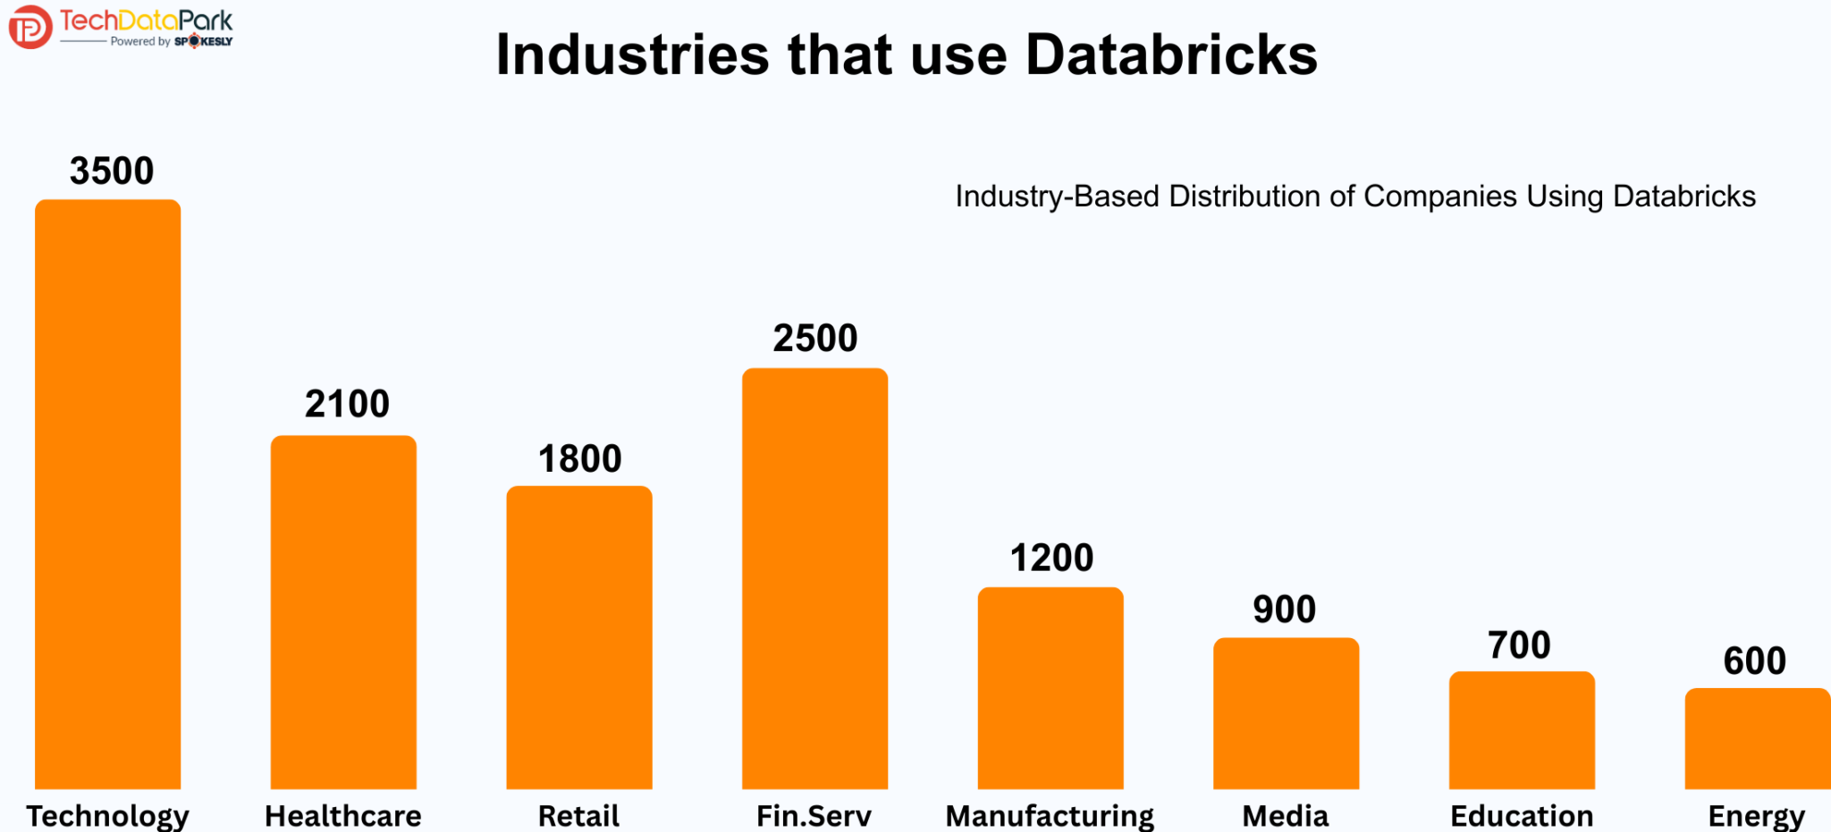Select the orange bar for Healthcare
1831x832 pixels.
[343, 611]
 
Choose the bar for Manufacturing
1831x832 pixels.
[1051, 687]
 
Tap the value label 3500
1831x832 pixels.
[112, 171]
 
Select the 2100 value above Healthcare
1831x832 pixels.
[347, 404]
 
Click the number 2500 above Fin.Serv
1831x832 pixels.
[814, 339]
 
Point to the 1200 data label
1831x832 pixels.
[1051, 559]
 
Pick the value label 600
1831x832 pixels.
[1754, 661]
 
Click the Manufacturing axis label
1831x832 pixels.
[1050, 816]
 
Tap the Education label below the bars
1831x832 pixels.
[1522, 816]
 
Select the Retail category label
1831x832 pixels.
[578, 816]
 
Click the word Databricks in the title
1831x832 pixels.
[1171, 55]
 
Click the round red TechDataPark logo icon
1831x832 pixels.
[30, 27]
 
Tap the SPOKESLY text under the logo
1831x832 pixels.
[204, 41]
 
